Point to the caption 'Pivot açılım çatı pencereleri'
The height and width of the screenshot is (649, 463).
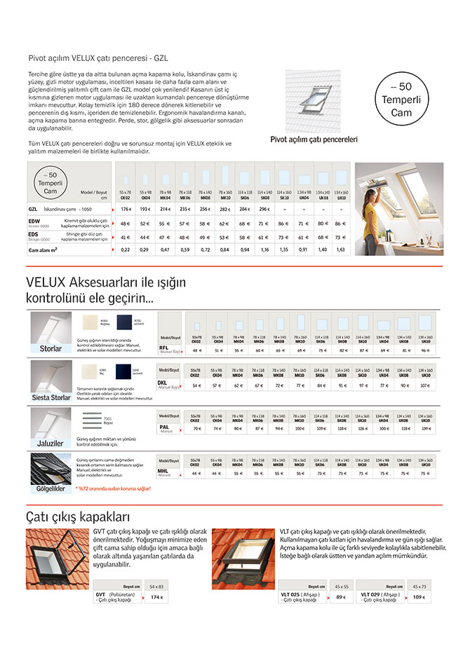[314, 139]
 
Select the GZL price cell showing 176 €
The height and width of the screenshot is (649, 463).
[126, 209]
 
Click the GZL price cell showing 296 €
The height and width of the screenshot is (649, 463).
[265, 209]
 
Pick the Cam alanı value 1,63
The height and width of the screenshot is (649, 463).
[340, 249]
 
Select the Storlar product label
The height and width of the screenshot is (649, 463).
[51, 348]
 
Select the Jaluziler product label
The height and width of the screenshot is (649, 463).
[51, 443]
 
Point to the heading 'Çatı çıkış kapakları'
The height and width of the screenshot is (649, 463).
[78, 518]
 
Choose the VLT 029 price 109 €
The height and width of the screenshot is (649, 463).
[419, 597]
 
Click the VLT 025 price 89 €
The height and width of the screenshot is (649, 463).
[341, 597]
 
